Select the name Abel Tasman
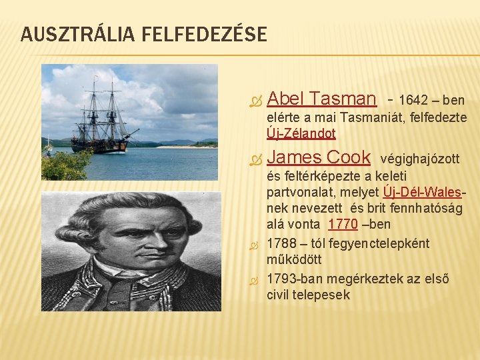pos(321,99)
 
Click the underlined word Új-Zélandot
pos(301,133)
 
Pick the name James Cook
pos(319,157)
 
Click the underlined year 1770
pos(343,224)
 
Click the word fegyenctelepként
pos(385,243)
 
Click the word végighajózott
pos(420,159)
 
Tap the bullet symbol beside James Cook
pos(253,160)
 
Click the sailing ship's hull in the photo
pos(100,145)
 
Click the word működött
pos(294,260)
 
